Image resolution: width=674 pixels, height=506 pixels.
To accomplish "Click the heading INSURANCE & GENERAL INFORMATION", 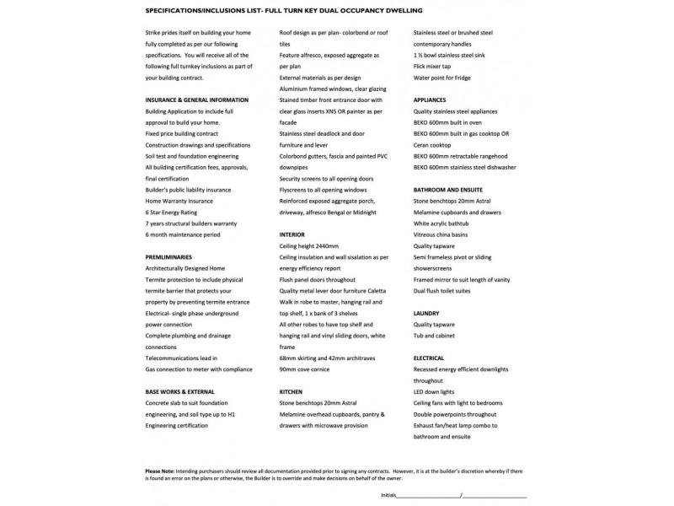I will [x=196, y=100].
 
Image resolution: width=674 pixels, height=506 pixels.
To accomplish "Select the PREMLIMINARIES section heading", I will [x=169, y=256].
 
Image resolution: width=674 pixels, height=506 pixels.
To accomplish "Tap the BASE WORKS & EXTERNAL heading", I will [x=179, y=391].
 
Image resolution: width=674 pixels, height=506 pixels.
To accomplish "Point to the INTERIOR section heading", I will [x=292, y=234].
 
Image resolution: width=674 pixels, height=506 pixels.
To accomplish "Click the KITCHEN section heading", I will [x=291, y=391].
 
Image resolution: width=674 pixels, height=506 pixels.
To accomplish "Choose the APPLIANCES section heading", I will [x=430, y=100].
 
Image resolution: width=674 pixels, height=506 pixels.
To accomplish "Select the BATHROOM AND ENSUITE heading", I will [x=447, y=190].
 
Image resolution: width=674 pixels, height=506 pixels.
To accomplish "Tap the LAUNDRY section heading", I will [x=426, y=313].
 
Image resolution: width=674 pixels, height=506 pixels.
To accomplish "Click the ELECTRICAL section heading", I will [x=429, y=358].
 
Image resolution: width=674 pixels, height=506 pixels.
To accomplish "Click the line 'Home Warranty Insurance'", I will [x=179, y=201].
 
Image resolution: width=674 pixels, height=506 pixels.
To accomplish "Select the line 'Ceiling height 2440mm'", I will [x=308, y=245].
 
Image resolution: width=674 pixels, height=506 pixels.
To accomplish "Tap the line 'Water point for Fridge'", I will [x=442, y=77].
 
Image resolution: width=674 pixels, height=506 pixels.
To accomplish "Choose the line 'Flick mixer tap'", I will [x=432, y=66].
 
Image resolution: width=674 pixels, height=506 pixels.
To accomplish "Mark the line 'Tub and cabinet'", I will [x=434, y=336].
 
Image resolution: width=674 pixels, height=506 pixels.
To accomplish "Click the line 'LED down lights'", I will [x=433, y=391].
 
